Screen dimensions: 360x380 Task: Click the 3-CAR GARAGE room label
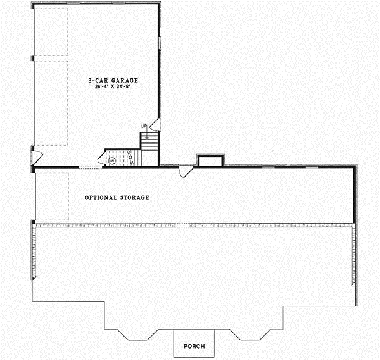pyautogui.click(x=113, y=80)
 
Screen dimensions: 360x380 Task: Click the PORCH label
pyautogui.click(x=194, y=346)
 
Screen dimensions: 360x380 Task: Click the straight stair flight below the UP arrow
pyautogui.click(x=148, y=141)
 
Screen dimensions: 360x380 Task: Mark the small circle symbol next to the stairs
pyautogui.click(x=111, y=161)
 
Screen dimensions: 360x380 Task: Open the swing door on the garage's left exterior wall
pyautogui.click(x=37, y=155)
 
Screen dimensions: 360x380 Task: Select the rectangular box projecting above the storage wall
pyautogui.click(x=210, y=159)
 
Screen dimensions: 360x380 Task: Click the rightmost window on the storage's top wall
pyautogui.click(x=312, y=166)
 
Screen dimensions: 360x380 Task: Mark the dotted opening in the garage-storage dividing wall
pyautogui.click(x=89, y=166)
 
